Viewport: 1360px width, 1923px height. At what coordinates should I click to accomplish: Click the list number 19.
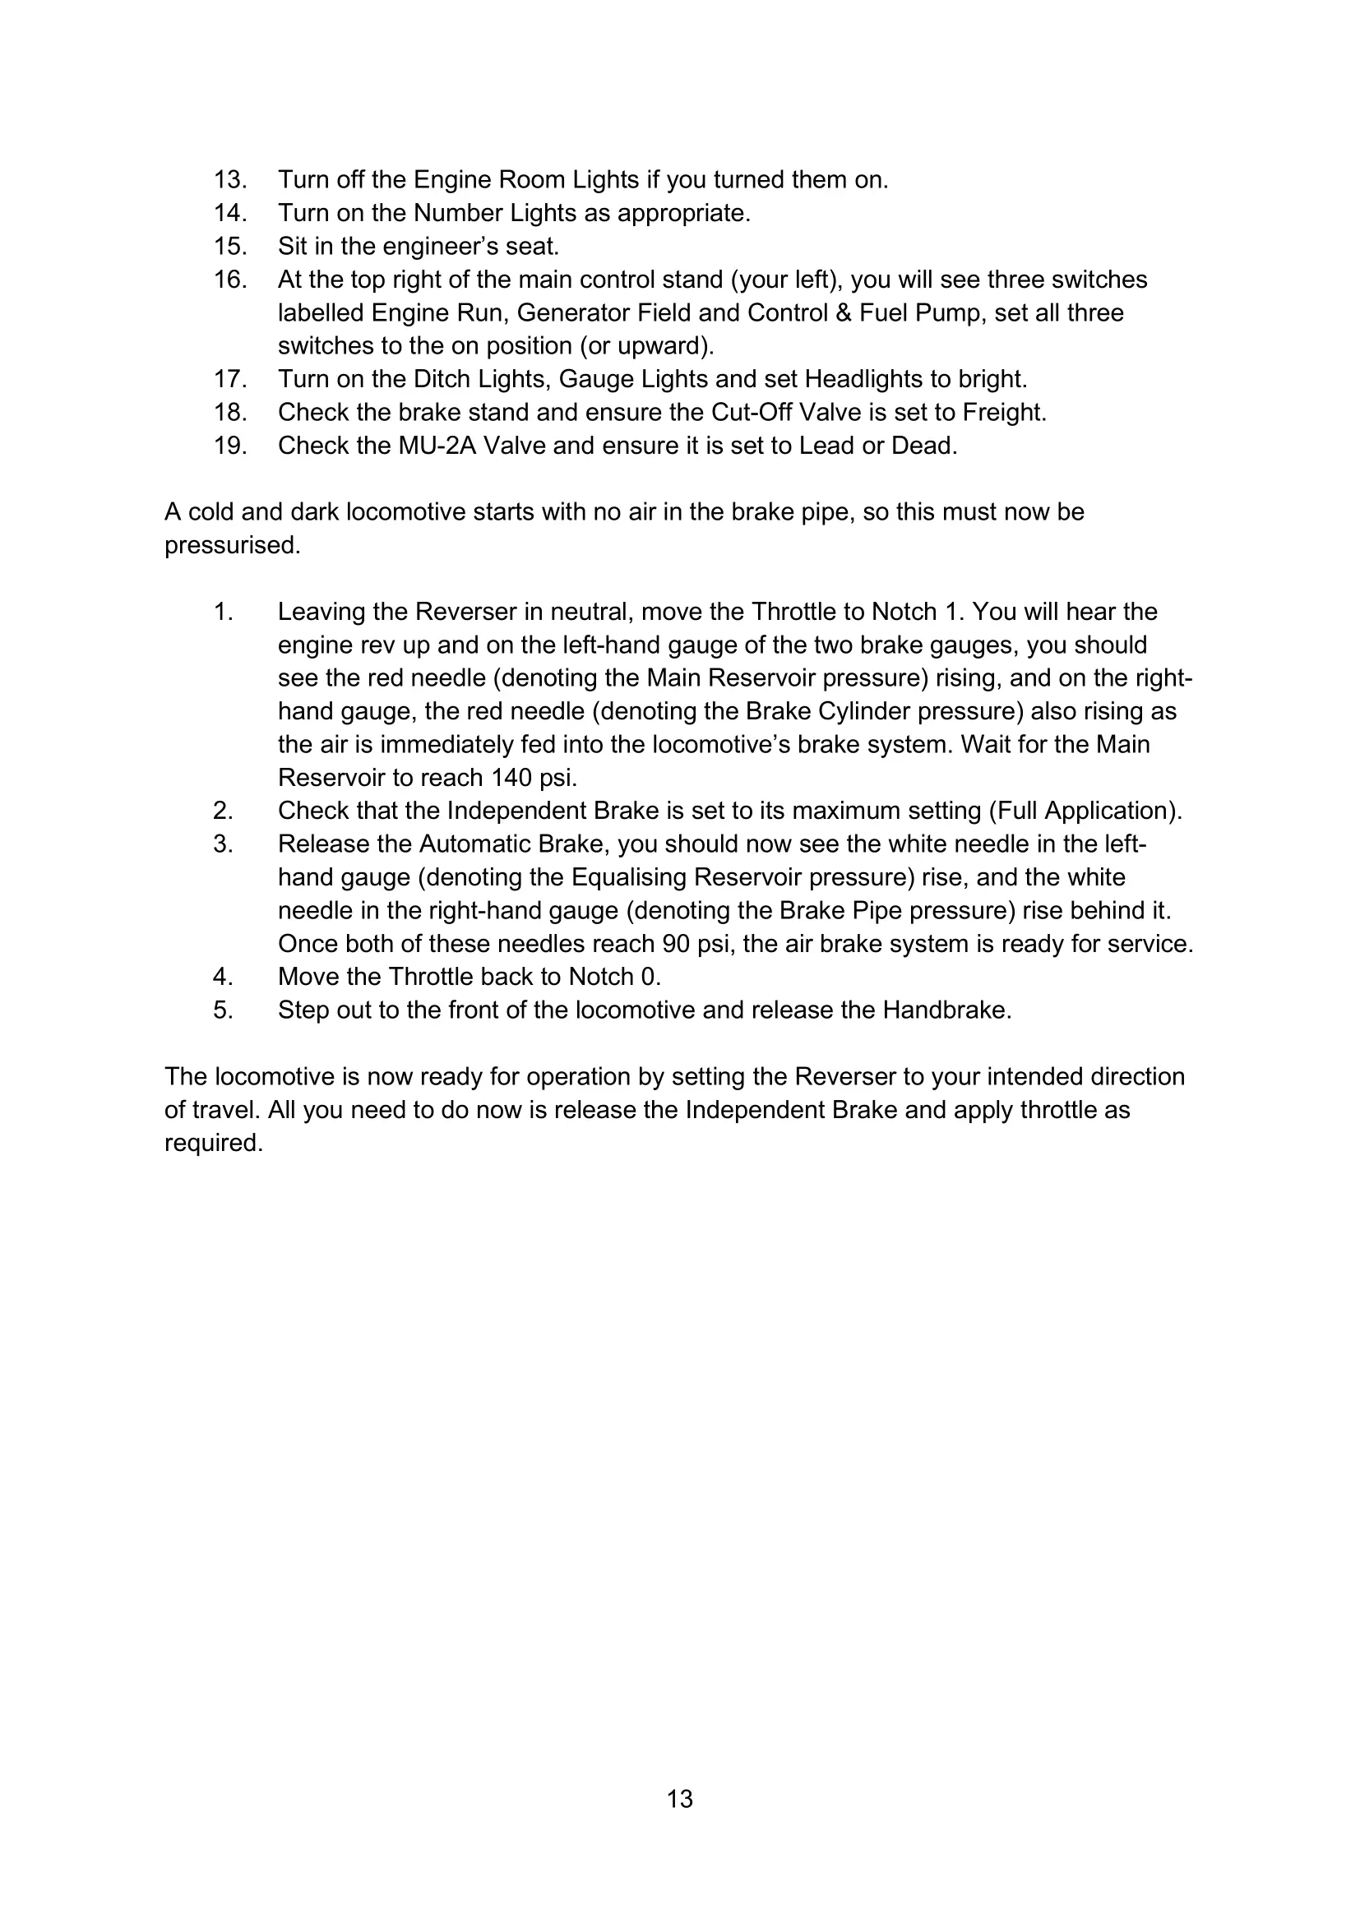[229, 446]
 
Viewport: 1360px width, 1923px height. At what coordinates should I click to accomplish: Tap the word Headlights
[863, 379]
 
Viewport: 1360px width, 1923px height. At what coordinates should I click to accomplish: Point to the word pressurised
[231, 545]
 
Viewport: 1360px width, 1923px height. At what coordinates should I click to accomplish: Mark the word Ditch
[442, 379]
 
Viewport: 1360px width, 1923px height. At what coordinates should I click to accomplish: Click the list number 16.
[229, 279]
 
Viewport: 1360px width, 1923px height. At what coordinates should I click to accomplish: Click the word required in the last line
[213, 1144]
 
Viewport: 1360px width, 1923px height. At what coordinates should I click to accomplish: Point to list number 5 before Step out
[222, 1010]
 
